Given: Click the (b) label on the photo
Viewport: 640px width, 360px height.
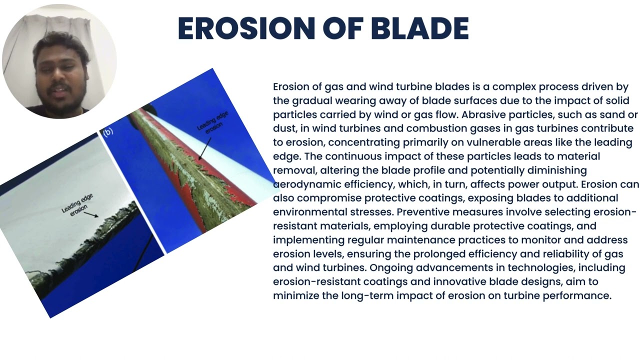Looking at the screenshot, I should (108, 132).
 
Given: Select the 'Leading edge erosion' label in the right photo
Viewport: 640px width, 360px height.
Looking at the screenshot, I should (212, 122).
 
